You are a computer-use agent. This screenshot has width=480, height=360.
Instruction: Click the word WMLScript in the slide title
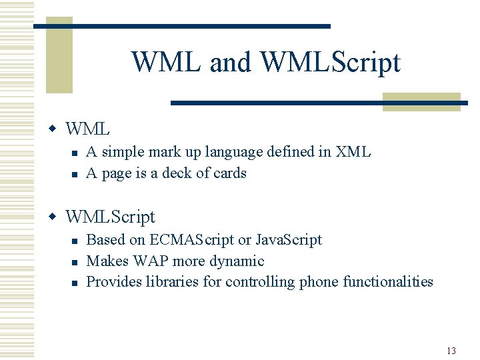(330, 62)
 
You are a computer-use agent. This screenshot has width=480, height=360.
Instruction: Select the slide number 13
(451, 351)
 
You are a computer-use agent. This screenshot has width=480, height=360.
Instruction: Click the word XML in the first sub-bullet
(353, 152)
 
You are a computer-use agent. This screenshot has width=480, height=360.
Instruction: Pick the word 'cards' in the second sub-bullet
(230, 173)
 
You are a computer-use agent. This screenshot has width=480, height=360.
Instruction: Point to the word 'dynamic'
(237, 261)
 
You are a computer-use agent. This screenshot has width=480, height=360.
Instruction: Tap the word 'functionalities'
(387, 282)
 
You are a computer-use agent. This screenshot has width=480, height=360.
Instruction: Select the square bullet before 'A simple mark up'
(75, 153)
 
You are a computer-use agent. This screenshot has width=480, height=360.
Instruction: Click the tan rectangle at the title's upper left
(59, 57)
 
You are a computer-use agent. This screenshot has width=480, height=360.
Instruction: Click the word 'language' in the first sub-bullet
(233, 153)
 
